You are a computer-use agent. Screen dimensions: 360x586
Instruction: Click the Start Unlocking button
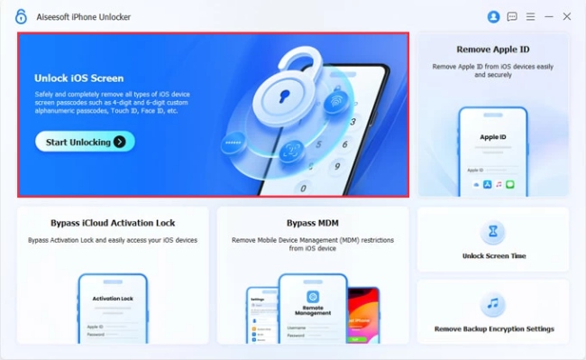[85, 142]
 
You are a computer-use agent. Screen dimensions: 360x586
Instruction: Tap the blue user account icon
[493, 16]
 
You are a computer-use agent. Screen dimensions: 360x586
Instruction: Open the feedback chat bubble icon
[512, 16]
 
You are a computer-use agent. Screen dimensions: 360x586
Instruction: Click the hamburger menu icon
[530, 16]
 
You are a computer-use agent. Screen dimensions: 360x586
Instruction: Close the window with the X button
[567, 16]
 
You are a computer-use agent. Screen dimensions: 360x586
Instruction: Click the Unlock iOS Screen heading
[79, 78]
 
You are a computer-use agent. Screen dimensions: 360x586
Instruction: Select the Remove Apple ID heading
[492, 51]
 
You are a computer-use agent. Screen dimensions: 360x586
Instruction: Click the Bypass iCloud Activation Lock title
[113, 222]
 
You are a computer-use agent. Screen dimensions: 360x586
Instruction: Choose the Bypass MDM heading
[311, 222]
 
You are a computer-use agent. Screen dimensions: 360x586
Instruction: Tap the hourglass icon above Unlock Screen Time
[492, 232]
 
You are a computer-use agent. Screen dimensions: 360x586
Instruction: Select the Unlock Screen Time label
[493, 256]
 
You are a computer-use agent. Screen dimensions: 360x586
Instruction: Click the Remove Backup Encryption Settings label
[493, 329]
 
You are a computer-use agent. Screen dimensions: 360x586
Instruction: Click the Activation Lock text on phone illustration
[113, 297]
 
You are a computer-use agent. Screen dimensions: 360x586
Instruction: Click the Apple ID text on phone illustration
[493, 137]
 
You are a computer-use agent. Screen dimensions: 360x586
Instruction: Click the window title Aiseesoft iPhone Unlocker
[84, 16]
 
